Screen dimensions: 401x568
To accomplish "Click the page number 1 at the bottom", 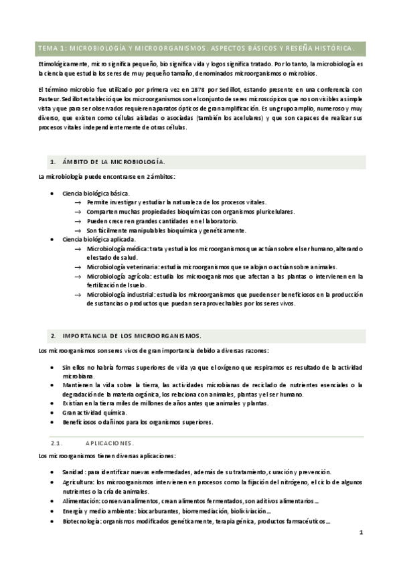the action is [x=361, y=533].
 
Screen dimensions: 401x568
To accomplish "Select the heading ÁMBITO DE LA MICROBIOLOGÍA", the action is [x=113, y=163].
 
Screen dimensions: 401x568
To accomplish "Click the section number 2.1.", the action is [x=57, y=443].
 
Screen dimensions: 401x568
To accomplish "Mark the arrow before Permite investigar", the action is [x=78, y=202].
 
